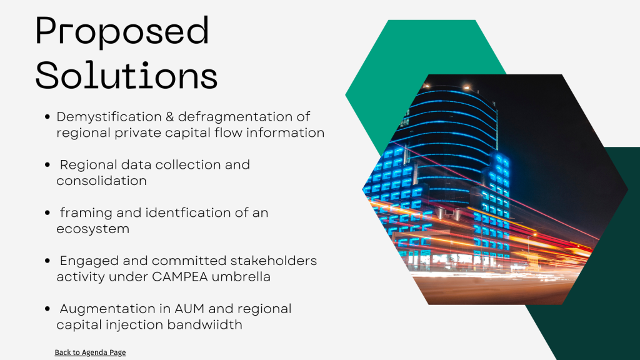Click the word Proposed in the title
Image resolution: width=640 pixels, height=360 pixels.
(122, 31)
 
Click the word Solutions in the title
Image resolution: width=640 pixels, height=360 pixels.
(126, 75)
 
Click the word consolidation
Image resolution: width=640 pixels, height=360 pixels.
(101, 181)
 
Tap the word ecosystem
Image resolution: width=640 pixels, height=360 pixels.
(92, 229)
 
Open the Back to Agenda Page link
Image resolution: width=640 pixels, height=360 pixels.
(90, 352)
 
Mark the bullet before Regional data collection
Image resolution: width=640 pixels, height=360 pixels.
(47, 165)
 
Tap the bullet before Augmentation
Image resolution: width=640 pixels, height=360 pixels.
(47, 309)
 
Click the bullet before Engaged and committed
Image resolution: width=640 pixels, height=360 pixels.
(47, 261)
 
